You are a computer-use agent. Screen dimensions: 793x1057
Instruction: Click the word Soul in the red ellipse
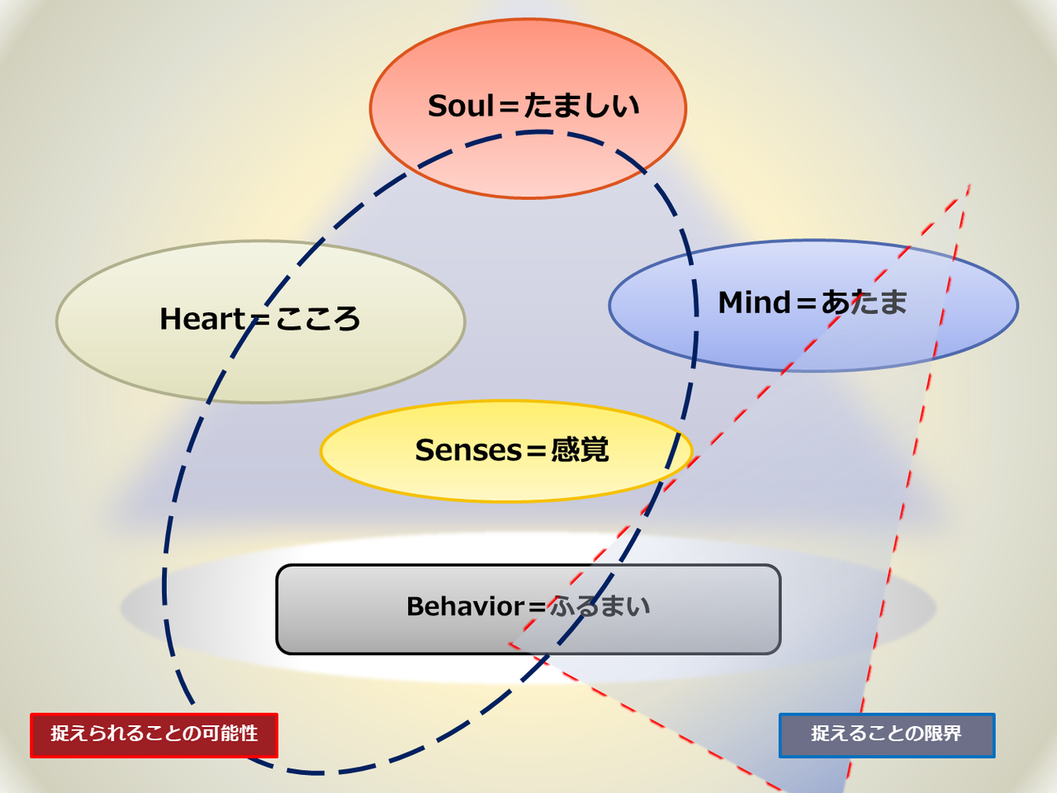coord(461,106)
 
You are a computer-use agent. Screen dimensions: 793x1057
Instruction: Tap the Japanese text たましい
coord(581,106)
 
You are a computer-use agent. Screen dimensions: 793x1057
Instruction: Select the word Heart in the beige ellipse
coord(202,319)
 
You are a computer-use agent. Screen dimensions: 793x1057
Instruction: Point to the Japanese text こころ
coord(318,319)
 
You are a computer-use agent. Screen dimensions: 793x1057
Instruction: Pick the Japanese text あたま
coord(864,302)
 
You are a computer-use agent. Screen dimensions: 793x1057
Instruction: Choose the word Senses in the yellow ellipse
coord(468,450)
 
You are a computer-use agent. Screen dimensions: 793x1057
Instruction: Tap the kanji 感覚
coord(580,450)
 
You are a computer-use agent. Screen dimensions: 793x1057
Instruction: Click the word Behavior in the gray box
coord(465,606)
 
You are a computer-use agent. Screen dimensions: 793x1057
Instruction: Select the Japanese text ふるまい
coord(600,606)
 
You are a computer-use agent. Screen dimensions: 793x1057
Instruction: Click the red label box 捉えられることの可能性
coord(154,734)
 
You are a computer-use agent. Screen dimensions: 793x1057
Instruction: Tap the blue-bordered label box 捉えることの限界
coord(886,734)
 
